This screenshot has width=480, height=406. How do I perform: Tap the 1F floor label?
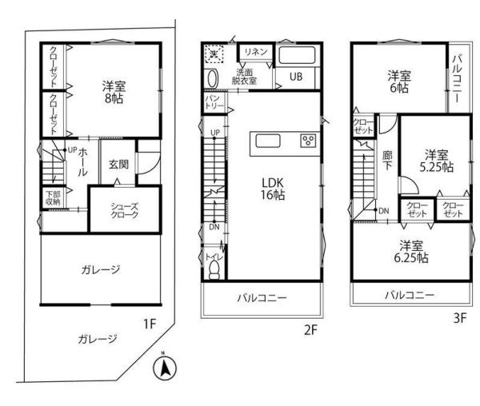click(x=150, y=324)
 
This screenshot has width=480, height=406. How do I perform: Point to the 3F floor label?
click(x=459, y=316)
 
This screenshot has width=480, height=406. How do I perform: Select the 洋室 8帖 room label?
click(x=114, y=92)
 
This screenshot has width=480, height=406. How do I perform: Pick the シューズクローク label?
click(x=124, y=209)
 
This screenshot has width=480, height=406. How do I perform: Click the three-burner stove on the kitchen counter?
click(x=306, y=141)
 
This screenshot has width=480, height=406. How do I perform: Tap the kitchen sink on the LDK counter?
click(x=268, y=142)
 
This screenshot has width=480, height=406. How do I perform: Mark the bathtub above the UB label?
click(x=298, y=57)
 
